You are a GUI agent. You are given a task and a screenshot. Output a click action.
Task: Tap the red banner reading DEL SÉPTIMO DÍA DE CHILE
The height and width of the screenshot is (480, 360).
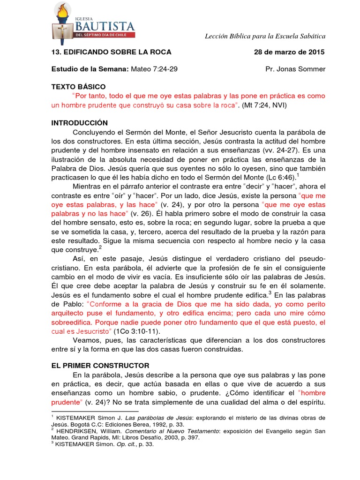(x=105, y=35)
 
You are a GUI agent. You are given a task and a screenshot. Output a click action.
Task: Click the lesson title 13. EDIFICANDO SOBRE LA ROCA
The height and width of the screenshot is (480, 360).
(x=111, y=52)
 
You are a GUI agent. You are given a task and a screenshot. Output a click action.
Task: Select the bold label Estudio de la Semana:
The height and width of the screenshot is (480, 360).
(x=89, y=69)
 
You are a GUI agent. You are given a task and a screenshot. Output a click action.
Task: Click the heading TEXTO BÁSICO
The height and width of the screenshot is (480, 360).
(x=78, y=87)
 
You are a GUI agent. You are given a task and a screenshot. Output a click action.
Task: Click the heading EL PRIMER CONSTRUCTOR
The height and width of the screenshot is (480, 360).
(x=100, y=365)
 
